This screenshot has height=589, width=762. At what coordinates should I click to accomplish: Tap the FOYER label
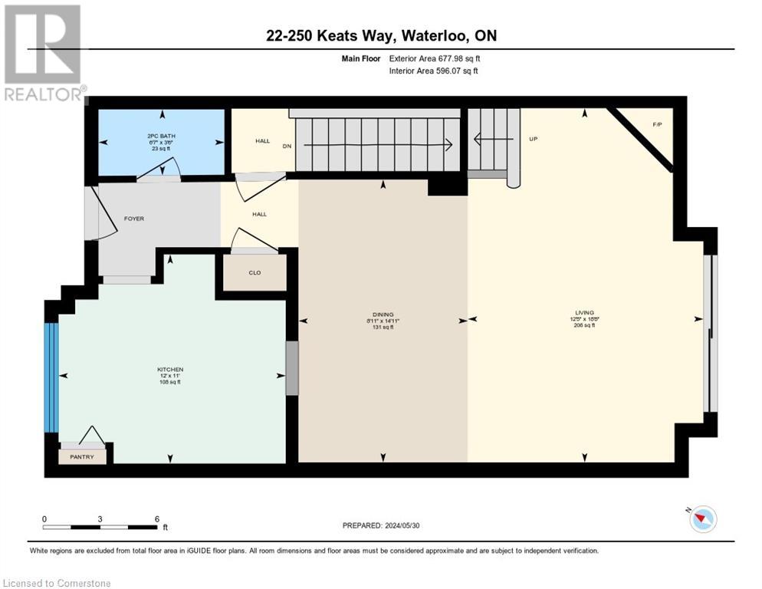[134, 219]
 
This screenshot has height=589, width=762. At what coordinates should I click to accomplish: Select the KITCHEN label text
[170, 369]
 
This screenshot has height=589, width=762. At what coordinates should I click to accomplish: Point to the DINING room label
[383, 314]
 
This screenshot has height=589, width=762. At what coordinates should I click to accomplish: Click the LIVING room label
[584, 313]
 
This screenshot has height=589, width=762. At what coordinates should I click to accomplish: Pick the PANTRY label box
[82, 457]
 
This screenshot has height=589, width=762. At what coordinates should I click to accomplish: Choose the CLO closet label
[255, 271]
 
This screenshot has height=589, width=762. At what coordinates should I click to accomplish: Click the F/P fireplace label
[657, 123]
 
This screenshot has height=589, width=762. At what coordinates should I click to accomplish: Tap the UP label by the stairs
[534, 140]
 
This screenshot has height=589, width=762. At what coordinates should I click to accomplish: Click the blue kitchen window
[51, 377]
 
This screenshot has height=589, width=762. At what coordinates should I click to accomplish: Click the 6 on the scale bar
[157, 518]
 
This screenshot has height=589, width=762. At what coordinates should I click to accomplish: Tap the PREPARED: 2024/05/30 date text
[382, 525]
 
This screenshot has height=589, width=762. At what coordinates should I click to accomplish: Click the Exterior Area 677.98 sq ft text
[435, 58]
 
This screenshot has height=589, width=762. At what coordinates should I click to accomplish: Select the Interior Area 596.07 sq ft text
[434, 71]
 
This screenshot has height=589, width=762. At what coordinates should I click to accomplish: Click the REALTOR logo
[43, 52]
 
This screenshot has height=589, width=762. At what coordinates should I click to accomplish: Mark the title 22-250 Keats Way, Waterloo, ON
[381, 36]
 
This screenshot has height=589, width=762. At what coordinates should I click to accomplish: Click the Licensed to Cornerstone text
[57, 583]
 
